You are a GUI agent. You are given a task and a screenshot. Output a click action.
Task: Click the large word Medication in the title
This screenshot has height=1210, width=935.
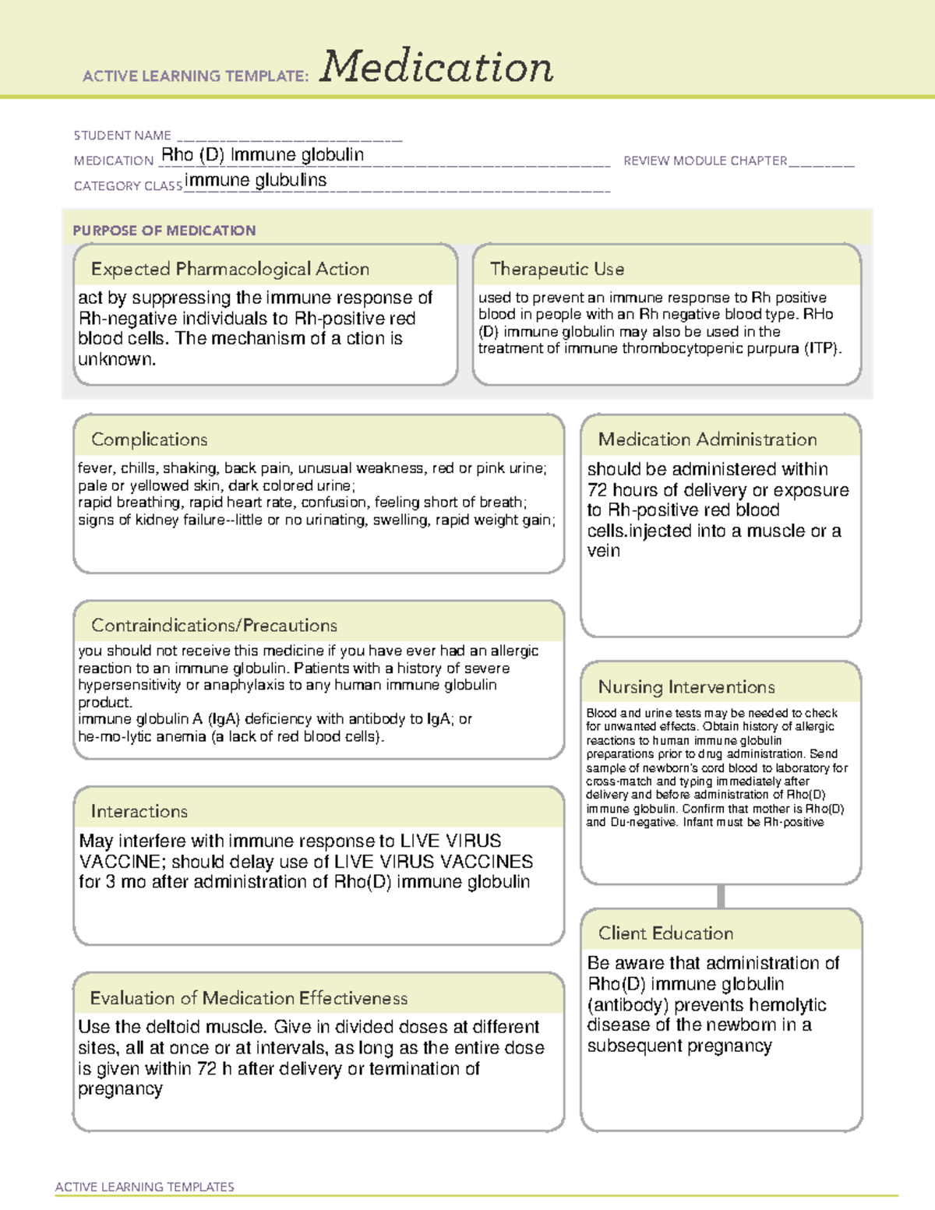[436, 67]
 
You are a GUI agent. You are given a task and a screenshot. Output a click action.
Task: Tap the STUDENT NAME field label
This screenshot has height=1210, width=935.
[122, 136]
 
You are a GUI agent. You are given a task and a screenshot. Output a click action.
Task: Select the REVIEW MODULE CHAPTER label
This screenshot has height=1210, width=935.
[705, 161]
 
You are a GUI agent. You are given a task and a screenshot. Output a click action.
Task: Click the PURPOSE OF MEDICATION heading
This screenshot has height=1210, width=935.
[164, 231]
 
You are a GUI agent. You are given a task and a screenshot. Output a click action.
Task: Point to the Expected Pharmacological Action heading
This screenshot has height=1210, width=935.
[230, 270]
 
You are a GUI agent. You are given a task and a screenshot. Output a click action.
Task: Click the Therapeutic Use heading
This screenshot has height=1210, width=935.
[557, 270]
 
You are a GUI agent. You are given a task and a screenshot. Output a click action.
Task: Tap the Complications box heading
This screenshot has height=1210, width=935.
[150, 439]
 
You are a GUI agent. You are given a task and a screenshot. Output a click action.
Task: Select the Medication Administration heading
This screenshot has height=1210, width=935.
[707, 439]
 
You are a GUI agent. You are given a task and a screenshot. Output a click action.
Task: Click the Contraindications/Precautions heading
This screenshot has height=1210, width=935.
[214, 626]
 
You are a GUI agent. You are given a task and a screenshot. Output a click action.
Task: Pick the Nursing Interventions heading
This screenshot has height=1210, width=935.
[686, 687]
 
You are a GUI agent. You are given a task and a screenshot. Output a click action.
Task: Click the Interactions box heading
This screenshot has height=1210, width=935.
[139, 812]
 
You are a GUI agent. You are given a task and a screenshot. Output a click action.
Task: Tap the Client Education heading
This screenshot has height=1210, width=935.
[666, 933]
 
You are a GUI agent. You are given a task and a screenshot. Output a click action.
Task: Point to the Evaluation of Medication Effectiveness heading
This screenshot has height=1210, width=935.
[249, 998]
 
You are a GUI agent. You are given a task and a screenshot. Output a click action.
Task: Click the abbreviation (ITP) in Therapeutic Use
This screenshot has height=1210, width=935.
[823, 349]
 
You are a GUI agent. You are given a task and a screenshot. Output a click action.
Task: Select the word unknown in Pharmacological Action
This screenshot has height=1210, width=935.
[117, 360]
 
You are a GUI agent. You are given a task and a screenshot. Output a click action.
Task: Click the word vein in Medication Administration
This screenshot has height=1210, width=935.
[604, 551]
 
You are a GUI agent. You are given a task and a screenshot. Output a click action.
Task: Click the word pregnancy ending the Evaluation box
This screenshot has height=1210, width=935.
[121, 1089]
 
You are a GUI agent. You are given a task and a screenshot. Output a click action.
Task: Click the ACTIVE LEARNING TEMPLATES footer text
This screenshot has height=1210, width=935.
[145, 1187]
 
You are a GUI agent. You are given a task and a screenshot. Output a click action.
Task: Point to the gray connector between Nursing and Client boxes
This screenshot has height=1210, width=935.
[721, 896]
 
